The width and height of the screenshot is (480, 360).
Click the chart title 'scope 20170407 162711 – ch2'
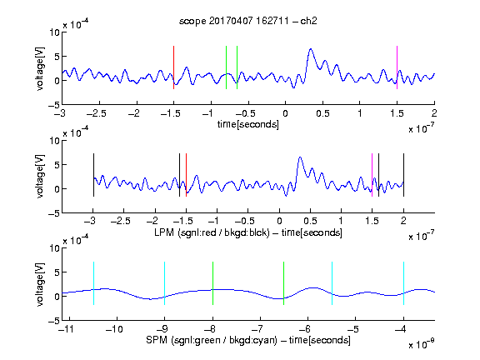pos(248,21)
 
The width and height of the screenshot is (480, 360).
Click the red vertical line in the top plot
pos(173,67)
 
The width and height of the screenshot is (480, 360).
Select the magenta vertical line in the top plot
pos(397,67)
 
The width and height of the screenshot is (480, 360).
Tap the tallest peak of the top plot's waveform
pos(311,49)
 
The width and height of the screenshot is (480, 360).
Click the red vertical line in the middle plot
pos(186,175)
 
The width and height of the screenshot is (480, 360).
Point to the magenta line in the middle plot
pos(372,175)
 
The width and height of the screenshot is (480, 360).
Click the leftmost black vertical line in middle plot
pos(93,175)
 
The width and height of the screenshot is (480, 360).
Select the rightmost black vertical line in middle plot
pos(403,175)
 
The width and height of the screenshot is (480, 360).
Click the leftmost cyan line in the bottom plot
pos(93,283)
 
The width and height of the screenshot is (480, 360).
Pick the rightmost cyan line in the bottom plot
pos(403,283)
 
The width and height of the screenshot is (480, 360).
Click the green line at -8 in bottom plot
pos(212,283)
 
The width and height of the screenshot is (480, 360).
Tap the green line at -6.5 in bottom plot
pos(284,283)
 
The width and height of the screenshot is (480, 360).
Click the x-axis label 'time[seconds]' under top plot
pos(248,124)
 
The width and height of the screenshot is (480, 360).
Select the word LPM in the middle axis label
pos(164,232)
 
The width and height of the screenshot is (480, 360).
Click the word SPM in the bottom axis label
pos(157,340)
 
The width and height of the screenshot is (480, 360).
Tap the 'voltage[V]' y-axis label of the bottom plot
pos(40,284)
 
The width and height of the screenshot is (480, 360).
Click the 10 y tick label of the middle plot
pos(55,141)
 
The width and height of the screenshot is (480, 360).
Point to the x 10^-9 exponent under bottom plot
pos(422,344)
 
